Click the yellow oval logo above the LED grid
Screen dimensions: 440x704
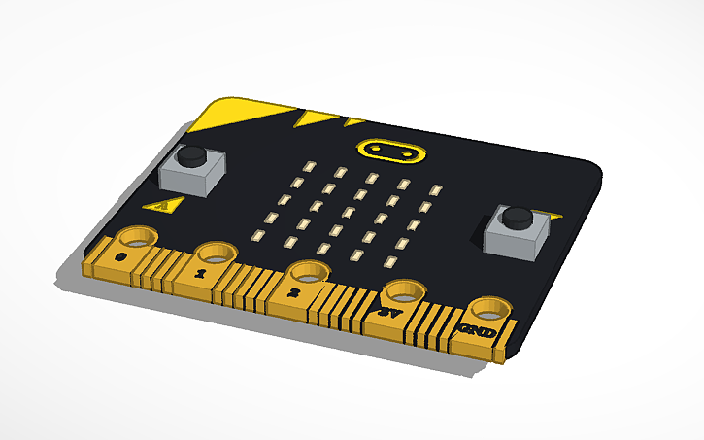390,152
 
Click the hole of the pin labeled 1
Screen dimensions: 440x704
216,253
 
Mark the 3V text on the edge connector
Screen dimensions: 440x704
389,312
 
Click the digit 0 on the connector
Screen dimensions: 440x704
120,257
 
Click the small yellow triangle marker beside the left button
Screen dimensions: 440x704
160,205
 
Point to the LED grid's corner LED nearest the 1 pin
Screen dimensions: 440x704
257,235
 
